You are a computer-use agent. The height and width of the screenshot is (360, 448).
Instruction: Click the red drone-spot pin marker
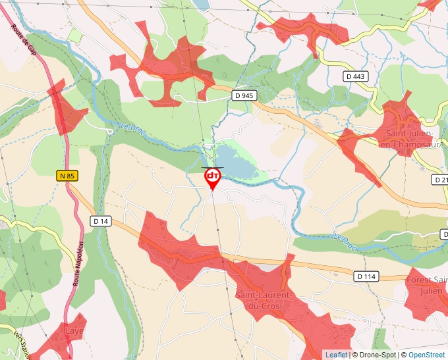point(213,176)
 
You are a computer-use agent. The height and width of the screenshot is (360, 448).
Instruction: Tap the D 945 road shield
point(244,95)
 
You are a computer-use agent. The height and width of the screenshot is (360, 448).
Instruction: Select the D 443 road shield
point(355,77)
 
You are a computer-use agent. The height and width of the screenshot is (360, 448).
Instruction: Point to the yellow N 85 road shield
point(66,175)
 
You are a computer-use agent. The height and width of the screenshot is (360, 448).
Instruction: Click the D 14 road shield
point(101,221)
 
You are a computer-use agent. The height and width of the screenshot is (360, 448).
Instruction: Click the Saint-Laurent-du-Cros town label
point(265,301)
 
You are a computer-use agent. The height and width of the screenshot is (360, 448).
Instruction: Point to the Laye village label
point(74,331)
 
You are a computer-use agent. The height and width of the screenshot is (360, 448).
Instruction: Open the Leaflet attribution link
point(336,355)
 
